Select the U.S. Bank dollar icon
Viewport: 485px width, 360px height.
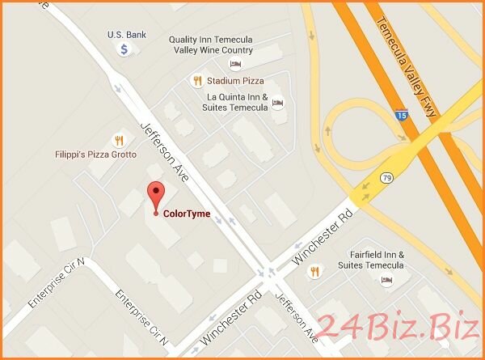pos(125,49)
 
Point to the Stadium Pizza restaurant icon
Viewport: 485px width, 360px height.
pos(196,80)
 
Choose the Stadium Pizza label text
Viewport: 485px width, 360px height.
pos(236,81)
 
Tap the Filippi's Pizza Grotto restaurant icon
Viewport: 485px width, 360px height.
pos(119,139)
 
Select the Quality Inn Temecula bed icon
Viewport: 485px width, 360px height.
pos(235,64)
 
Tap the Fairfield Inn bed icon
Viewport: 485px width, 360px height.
pos(386,279)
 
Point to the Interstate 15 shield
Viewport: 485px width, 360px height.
pos(401,116)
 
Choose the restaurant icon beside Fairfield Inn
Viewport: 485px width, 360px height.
pos(314,271)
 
